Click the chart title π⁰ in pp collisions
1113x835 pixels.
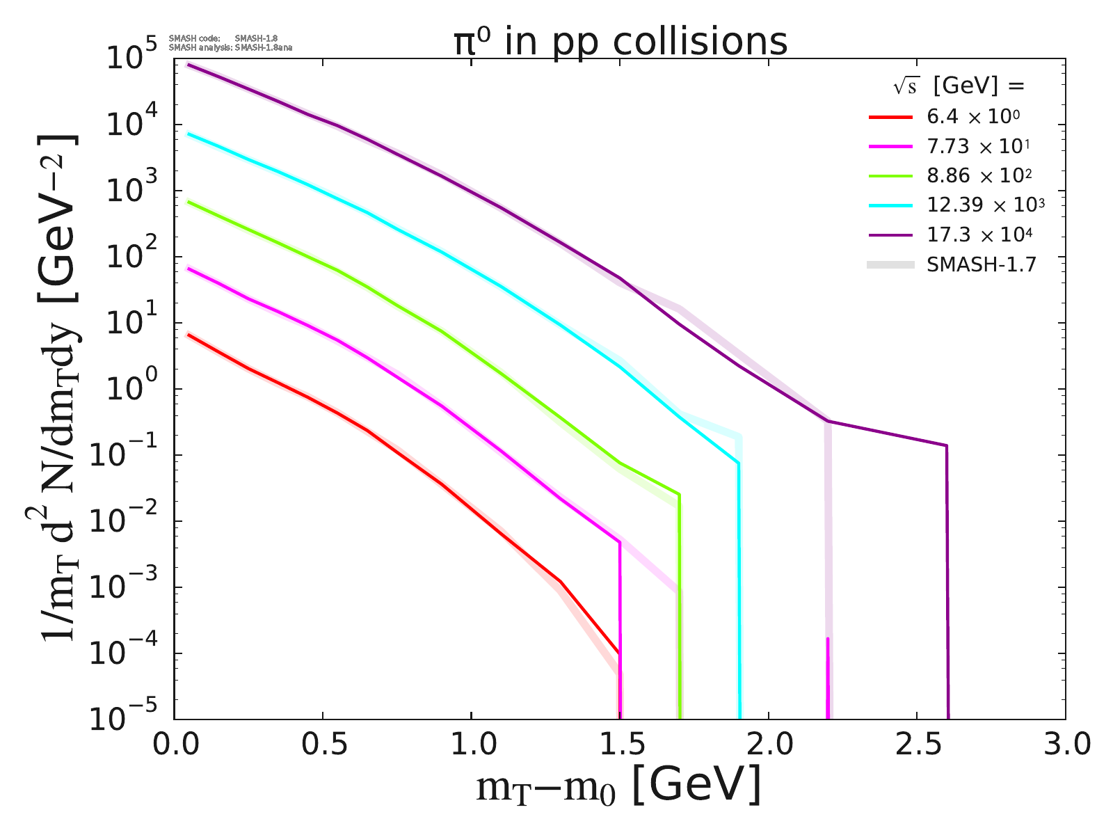point(620,42)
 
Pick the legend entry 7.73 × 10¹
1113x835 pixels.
point(977,146)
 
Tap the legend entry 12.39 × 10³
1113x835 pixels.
point(985,205)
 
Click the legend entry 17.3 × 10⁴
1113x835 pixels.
point(979,234)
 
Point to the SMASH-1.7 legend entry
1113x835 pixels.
point(982,264)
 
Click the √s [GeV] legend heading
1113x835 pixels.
point(959,86)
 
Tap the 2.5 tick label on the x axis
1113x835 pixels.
point(917,745)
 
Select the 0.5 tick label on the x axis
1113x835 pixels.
point(323,745)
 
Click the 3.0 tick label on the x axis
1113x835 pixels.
point(1065,745)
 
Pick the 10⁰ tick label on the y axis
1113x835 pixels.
point(134,389)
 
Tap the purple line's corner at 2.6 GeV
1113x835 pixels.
point(946,445)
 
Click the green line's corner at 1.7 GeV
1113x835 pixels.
point(679,495)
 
